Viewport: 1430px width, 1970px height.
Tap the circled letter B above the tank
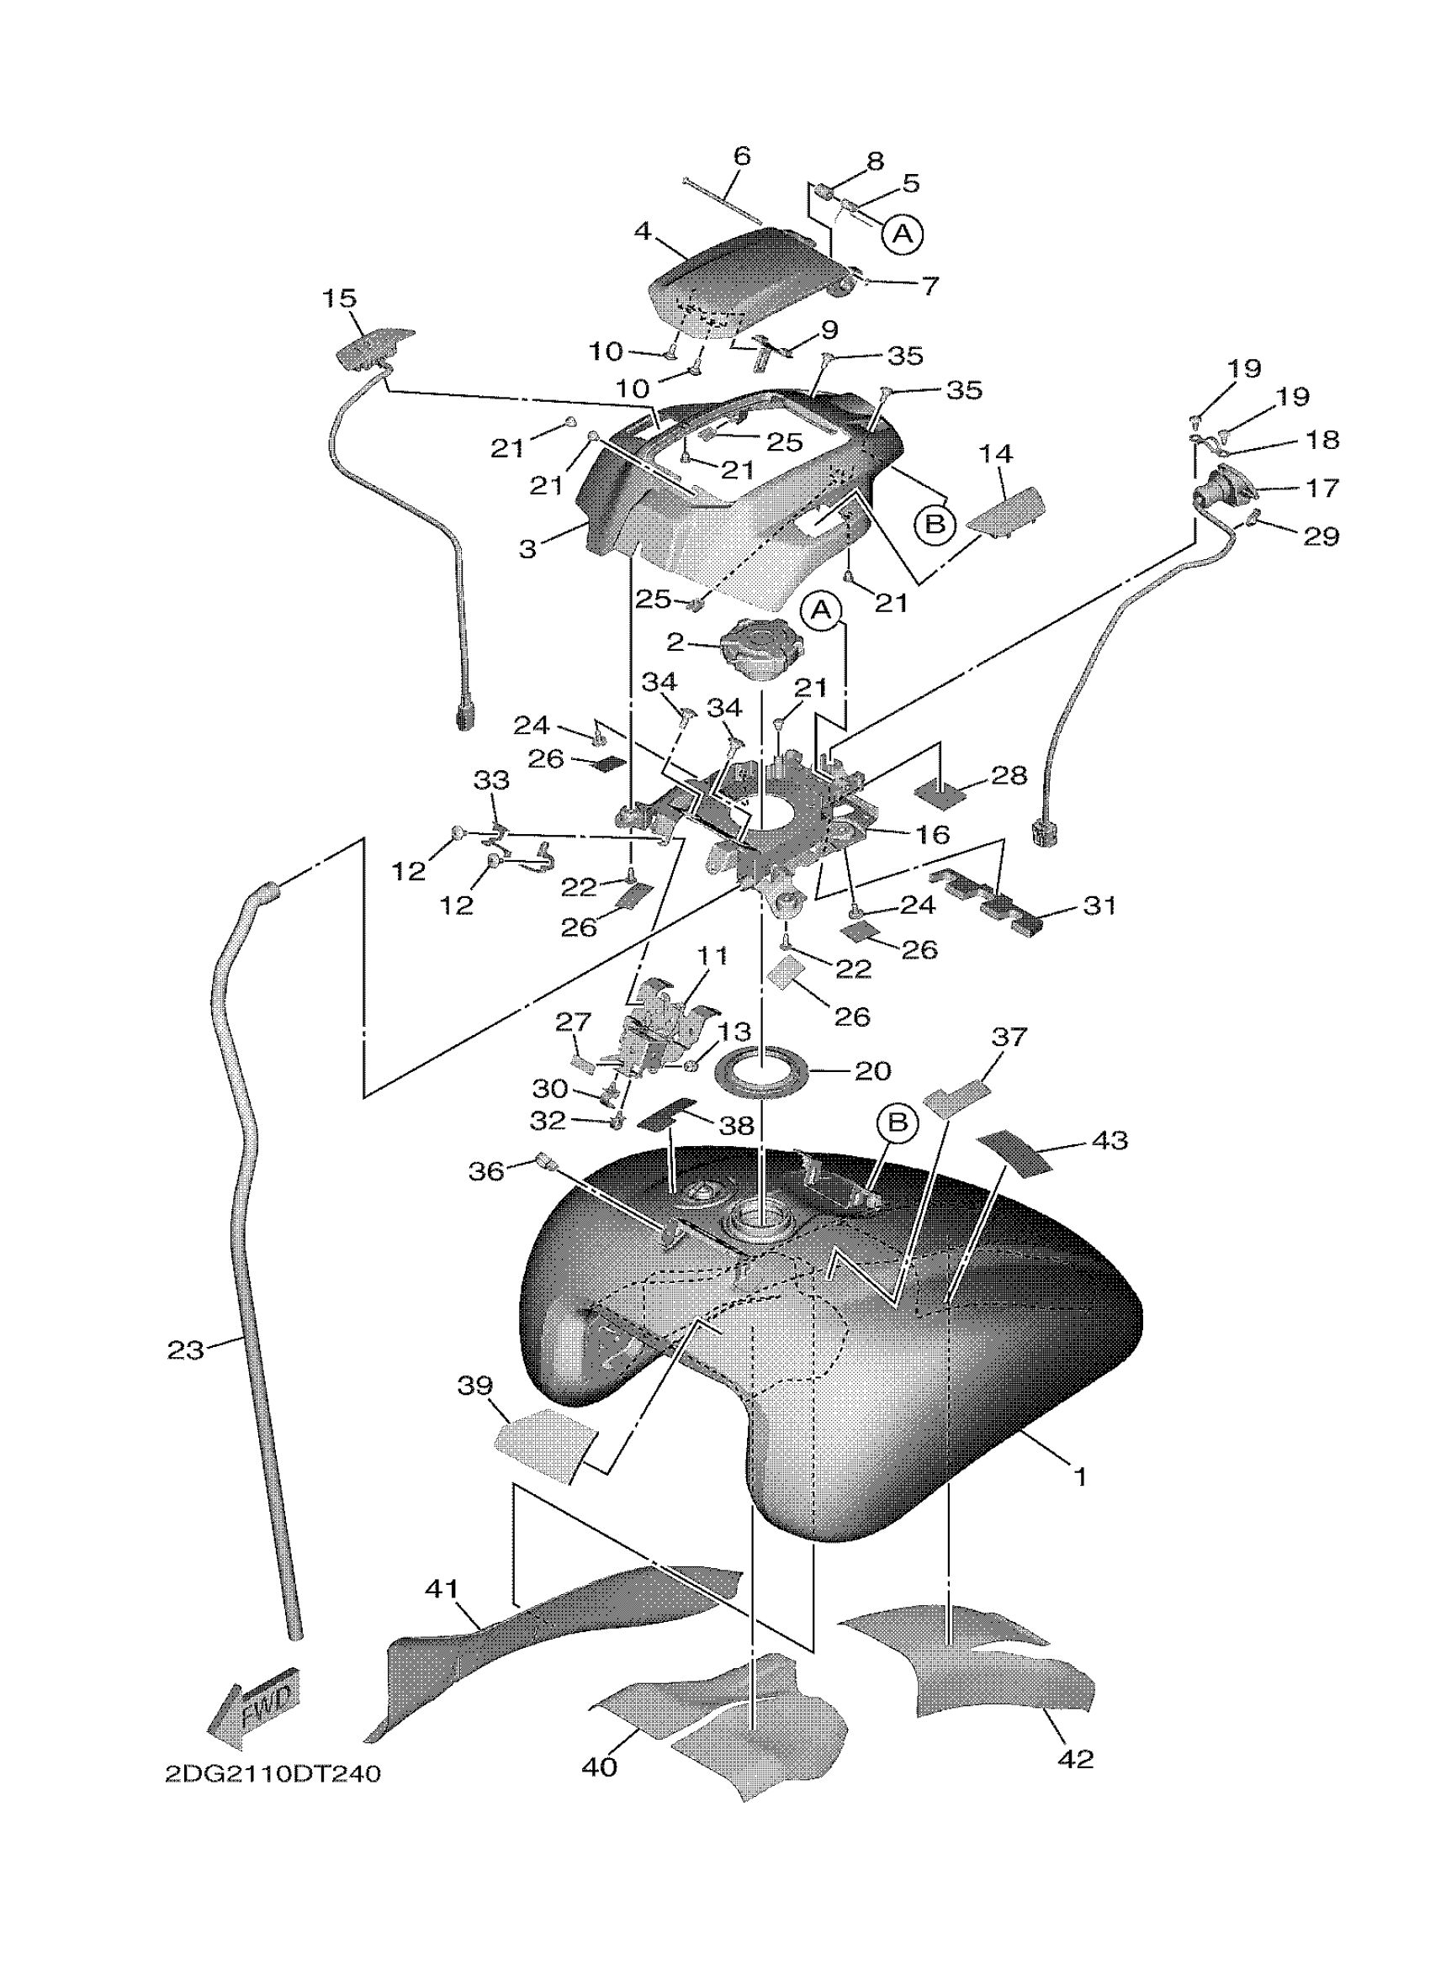897,1123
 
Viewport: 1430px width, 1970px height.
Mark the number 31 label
1100,906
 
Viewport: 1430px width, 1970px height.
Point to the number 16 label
932,835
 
